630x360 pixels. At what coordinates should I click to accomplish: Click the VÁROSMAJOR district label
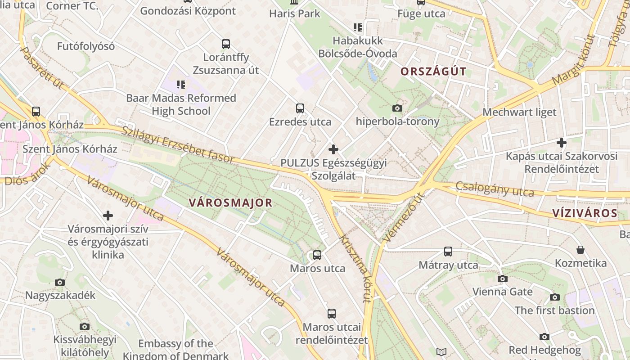[230, 202]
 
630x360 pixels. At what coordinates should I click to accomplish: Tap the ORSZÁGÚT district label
[433, 72]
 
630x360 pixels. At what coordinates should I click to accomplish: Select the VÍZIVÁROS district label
[585, 213]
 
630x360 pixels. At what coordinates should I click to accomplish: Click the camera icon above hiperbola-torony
[397, 108]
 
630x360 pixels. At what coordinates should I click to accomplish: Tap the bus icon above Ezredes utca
[300, 108]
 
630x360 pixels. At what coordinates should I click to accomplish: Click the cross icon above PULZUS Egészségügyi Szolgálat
[333, 149]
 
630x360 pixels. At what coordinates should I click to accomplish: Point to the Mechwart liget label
[519, 112]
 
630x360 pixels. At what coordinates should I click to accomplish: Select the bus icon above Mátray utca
[448, 252]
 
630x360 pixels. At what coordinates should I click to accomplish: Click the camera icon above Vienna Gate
[503, 279]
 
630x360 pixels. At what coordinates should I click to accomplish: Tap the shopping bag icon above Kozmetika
[580, 250]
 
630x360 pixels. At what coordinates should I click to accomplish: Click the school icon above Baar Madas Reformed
[181, 84]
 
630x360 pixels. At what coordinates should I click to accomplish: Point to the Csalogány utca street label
[495, 189]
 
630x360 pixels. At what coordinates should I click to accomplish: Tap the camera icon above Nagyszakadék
[60, 282]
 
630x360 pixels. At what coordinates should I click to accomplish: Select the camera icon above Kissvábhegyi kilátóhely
[84, 326]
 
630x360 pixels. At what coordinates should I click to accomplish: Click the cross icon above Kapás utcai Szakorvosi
[561, 143]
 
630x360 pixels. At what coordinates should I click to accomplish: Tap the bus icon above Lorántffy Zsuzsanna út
[226, 44]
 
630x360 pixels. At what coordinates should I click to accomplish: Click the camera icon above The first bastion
[554, 297]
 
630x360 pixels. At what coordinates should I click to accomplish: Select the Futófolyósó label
[86, 46]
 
